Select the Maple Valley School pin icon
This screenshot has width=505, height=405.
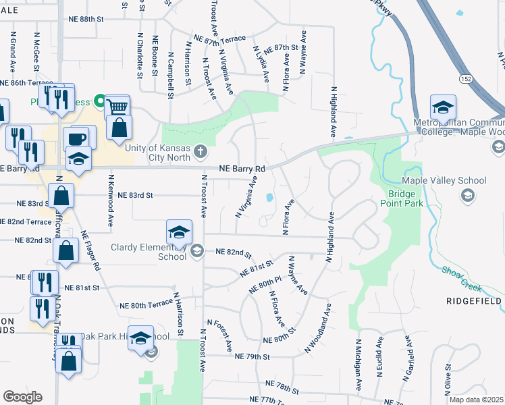[x=467, y=195]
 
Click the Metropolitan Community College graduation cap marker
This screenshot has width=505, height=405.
[x=443, y=108]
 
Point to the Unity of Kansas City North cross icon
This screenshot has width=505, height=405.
[x=200, y=152]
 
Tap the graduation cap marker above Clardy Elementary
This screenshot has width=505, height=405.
[x=180, y=233]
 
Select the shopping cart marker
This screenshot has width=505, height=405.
[x=117, y=107]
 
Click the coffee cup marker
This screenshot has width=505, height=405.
[x=76, y=138]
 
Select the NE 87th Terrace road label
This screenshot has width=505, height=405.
[x=219, y=40]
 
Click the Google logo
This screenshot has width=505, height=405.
[x=22, y=396]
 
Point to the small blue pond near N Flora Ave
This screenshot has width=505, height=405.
[x=269, y=198]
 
